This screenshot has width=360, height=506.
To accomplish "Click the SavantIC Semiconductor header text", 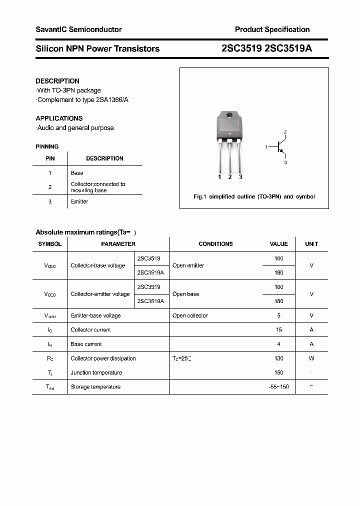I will pyautogui.click(x=78, y=29).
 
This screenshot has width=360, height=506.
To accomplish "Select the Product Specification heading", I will pyautogui.click(x=272, y=29).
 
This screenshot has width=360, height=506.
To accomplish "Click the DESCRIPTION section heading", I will pyautogui.click(x=57, y=81).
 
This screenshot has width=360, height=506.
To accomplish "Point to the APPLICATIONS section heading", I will pyautogui.click(x=59, y=118).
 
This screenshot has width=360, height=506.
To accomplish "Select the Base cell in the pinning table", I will pyautogui.click(x=77, y=173).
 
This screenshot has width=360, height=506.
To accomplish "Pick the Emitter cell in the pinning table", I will pyautogui.click(x=79, y=201).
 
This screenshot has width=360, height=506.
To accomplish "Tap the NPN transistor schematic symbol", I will pyautogui.click(x=280, y=147).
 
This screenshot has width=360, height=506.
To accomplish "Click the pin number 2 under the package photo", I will pyautogui.click(x=229, y=177).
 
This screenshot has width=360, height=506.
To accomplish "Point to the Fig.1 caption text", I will pyautogui.click(x=254, y=196).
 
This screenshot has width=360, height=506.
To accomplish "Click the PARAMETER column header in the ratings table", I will pyautogui.click(x=118, y=244).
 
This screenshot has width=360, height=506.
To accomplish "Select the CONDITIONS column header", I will pyautogui.click(x=215, y=244).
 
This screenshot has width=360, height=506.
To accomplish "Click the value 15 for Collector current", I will pyautogui.click(x=279, y=330).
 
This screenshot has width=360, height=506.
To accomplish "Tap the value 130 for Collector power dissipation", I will pyautogui.click(x=278, y=358).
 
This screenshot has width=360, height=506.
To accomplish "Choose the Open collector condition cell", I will pyautogui.click(x=190, y=315).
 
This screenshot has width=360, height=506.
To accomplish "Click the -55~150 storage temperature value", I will pyautogui.click(x=278, y=387).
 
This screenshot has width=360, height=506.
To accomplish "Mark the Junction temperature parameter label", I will pyautogui.click(x=96, y=372).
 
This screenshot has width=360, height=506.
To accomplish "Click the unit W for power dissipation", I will pyautogui.click(x=311, y=358).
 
